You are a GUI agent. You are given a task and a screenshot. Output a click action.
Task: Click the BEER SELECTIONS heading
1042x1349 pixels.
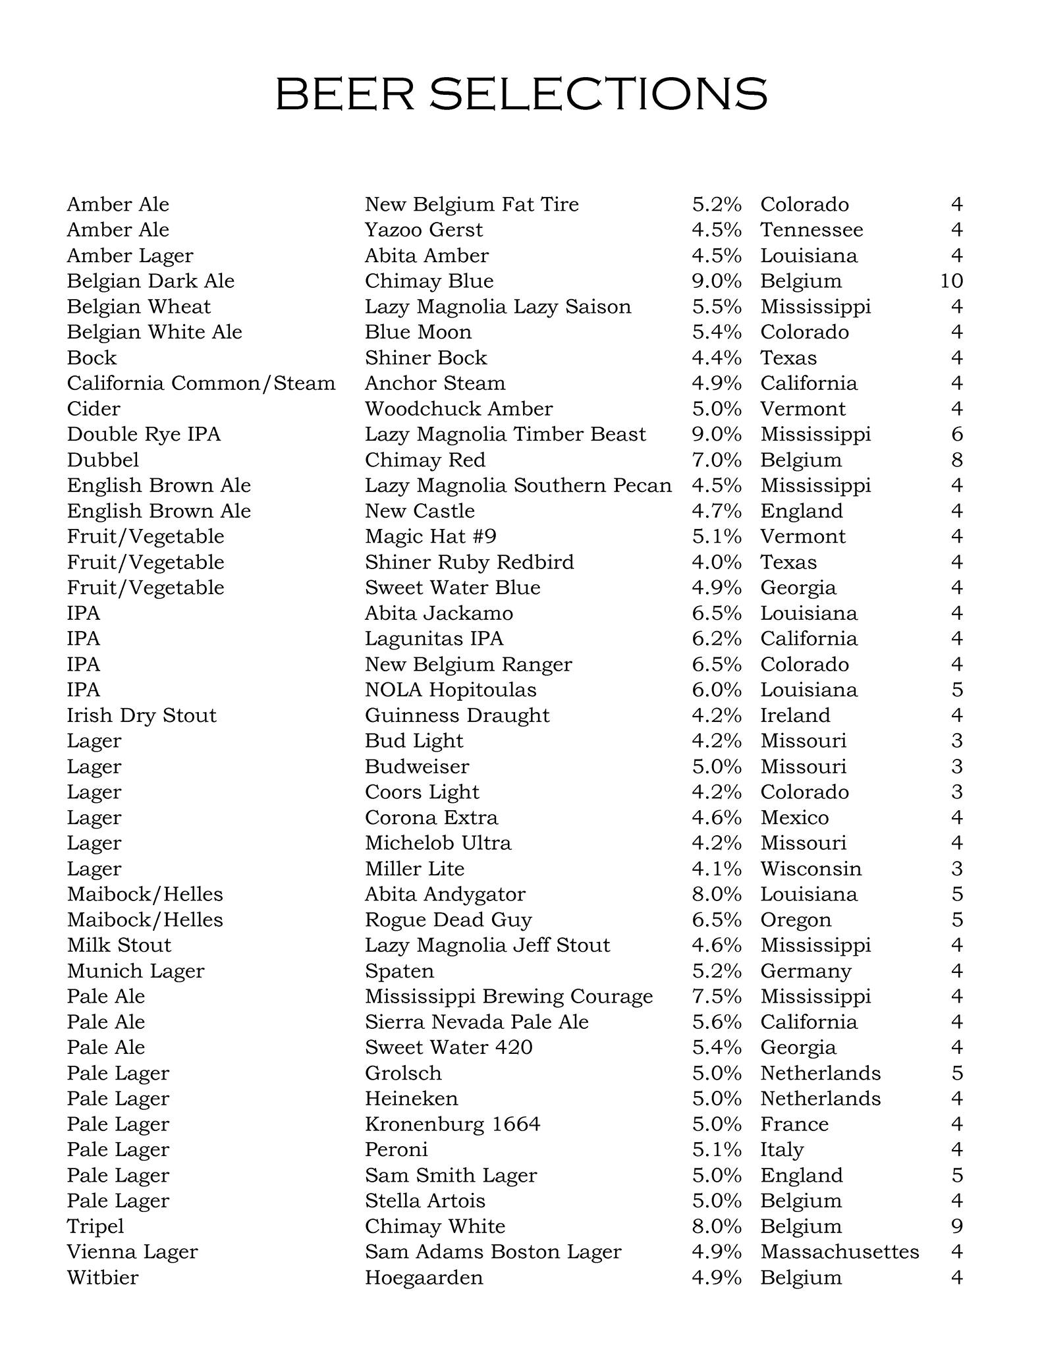point(521,94)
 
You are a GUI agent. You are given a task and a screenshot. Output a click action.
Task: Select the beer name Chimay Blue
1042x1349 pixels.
point(429,281)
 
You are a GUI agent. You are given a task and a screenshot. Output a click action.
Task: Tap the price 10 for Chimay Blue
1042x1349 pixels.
point(951,281)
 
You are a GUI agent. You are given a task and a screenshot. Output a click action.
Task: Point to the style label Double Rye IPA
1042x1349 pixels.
point(144,435)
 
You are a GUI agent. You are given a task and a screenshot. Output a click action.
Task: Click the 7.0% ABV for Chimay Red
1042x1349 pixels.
point(717,460)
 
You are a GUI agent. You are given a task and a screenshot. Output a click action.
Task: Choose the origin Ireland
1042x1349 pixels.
point(795,716)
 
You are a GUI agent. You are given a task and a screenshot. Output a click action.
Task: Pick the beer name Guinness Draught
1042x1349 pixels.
point(457,716)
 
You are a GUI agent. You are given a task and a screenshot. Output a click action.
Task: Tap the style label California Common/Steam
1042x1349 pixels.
point(201,383)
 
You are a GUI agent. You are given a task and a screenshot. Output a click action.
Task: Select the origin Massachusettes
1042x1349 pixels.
point(839,1252)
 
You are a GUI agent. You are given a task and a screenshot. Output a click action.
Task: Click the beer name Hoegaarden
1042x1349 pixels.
point(424,1278)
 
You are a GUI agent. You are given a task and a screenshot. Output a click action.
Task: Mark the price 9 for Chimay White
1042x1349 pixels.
point(957,1226)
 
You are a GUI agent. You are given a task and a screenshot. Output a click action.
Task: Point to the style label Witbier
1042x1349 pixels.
point(103,1278)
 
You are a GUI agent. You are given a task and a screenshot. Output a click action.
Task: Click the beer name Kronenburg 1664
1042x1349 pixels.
point(452,1124)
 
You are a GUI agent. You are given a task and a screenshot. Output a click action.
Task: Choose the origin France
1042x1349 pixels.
point(794,1124)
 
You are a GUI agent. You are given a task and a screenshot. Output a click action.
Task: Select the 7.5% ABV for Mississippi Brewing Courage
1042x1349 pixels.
point(717,997)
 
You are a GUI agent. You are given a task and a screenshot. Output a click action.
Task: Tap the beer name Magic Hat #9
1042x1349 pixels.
point(431,537)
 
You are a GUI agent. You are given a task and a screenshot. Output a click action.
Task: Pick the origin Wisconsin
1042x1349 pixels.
point(811,869)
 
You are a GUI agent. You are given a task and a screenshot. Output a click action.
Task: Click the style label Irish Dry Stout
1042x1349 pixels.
point(142,716)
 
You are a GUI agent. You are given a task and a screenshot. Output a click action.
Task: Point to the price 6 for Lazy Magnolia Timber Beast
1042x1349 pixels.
point(957,435)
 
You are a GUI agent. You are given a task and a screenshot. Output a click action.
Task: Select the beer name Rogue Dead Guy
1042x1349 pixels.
point(448,920)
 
